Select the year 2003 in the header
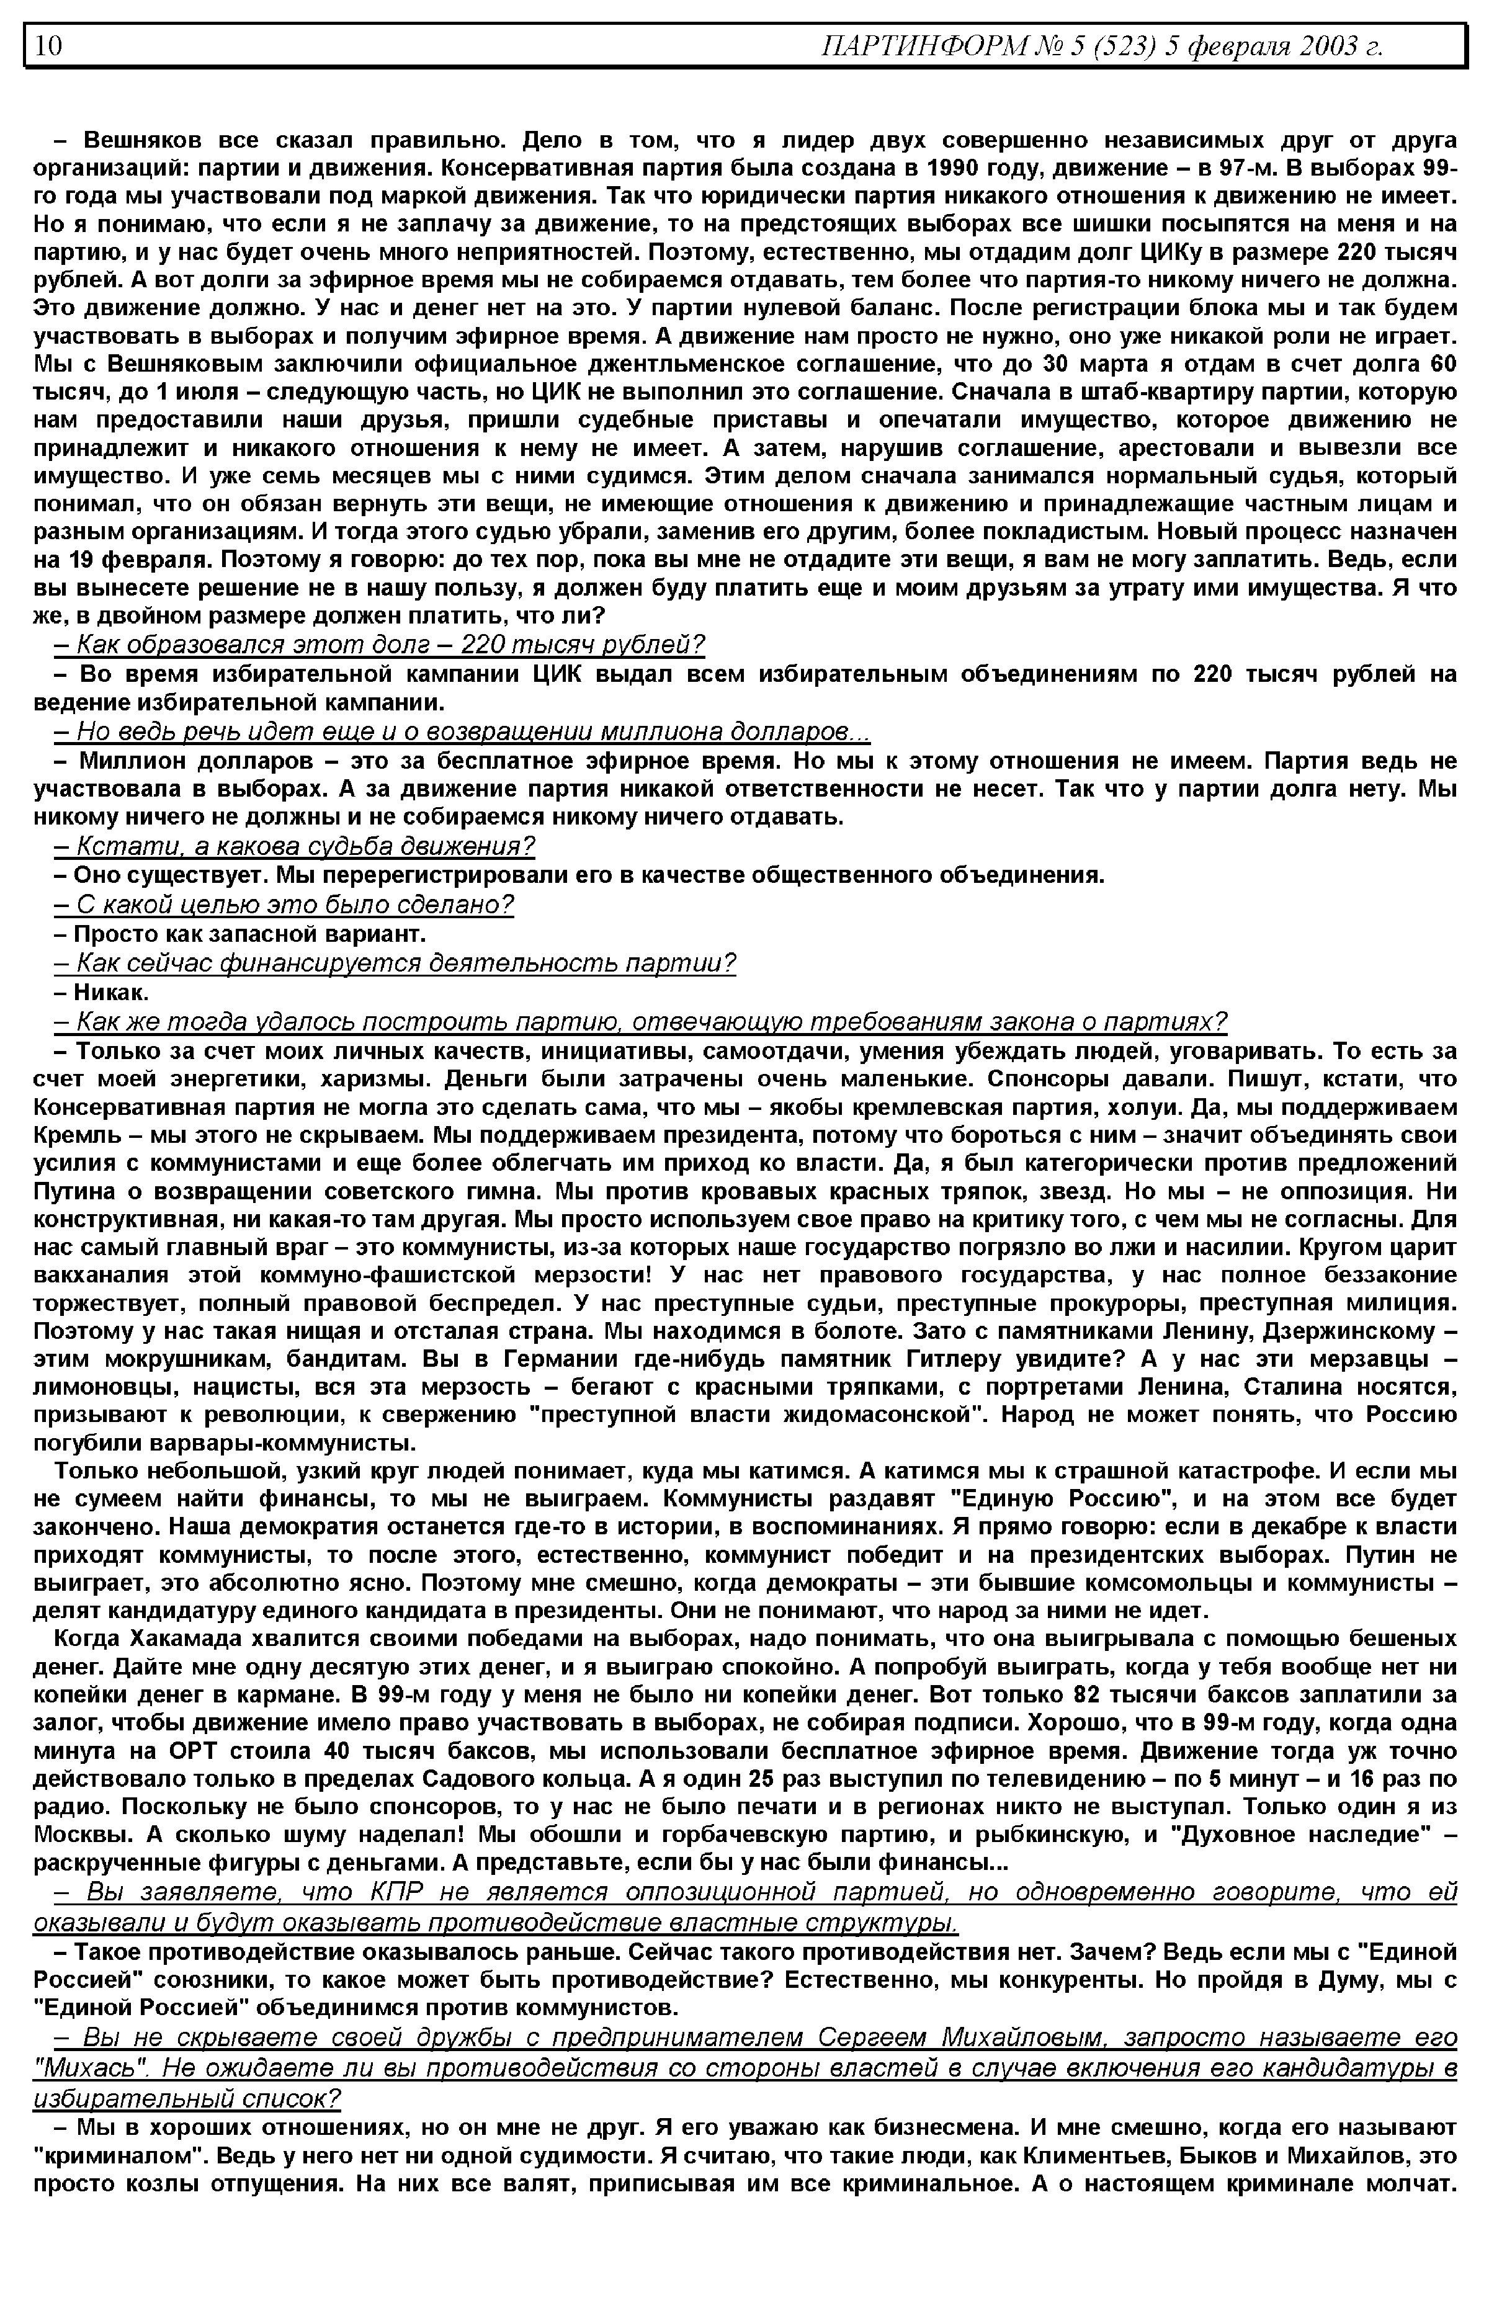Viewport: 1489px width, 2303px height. coord(1324,45)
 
